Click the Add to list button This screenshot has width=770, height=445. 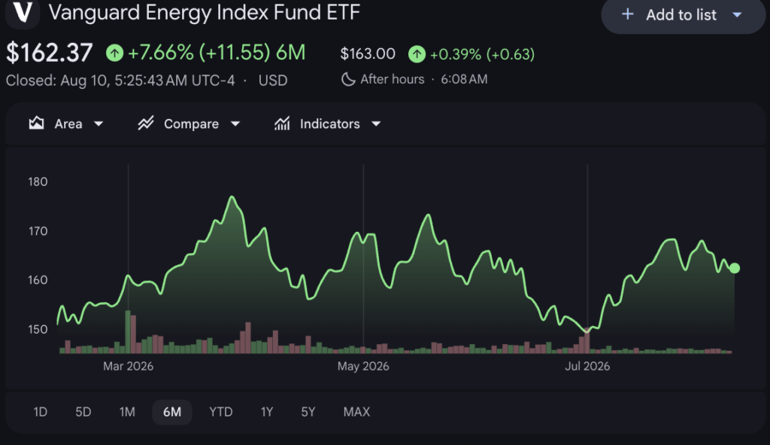click(683, 15)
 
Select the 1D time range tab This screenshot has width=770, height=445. click(41, 412)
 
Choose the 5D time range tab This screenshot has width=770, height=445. click(83, 412)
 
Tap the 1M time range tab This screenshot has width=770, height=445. click(127, 412)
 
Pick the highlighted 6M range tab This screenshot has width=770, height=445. click(172, 412)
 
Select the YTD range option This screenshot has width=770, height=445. click(221, 412)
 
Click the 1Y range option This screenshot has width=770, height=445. click(267, 412)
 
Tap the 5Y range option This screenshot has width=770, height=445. click(308, 412)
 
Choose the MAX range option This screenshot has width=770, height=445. click(356, 412)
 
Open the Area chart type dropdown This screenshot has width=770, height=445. click(66, 123)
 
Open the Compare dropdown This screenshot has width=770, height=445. click(189, 123)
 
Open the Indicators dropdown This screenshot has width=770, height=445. click(328, 123)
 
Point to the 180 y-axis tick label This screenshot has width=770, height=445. click(38, 182)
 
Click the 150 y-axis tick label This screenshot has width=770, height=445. click(38, 330)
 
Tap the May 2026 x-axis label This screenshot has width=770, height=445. click(363, 367)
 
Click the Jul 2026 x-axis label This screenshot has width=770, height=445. click(587, 367)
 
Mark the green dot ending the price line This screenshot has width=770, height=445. click(734, 268)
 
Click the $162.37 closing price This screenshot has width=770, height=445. click(49, 53)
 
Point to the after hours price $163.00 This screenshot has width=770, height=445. click(368, 53)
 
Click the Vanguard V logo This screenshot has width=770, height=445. click(23, 12)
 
